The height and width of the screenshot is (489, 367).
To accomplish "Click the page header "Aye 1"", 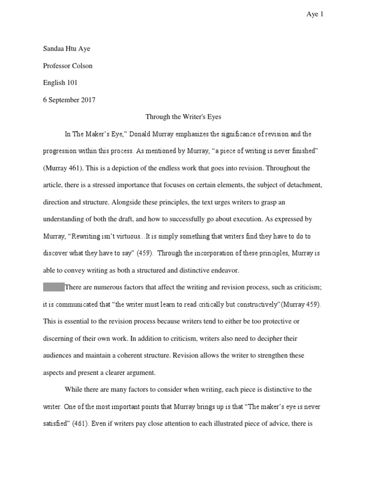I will click(314, 14).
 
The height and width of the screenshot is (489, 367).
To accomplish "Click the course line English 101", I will click(60, 83).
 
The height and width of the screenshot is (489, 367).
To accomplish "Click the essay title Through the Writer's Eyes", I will click(183, 117).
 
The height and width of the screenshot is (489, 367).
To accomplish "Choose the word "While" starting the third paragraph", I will click(74, 390).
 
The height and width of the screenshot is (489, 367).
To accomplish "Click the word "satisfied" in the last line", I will click(56, 424).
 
